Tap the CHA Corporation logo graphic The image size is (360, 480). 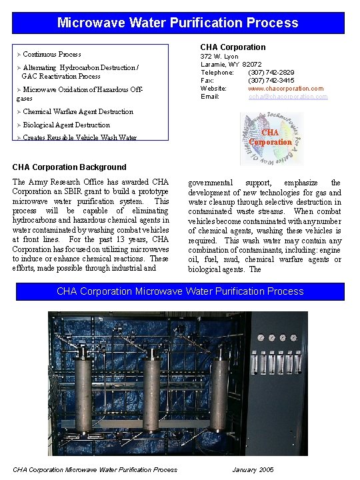271,138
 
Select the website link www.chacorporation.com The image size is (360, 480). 285,89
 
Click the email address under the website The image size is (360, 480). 287,97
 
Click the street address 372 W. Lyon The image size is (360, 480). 219,57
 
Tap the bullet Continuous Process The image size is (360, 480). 51,54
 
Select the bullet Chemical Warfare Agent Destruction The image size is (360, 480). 77,111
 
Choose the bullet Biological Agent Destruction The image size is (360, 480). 66,125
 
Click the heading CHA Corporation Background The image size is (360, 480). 69,167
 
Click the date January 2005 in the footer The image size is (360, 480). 253,469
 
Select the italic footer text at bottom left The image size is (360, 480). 95,469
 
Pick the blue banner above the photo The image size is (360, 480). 180,291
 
